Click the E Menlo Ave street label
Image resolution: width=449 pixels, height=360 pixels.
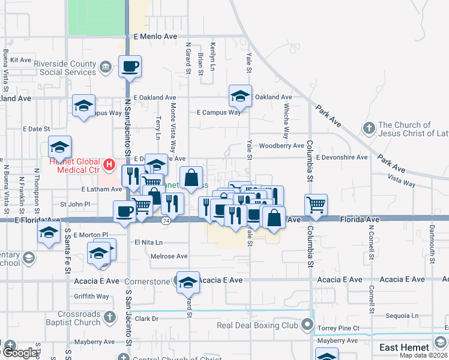[x=155, y=37]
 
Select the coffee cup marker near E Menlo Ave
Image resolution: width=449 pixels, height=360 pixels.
[x=130, y=67]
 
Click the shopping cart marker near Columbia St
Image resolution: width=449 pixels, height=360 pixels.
[x=316, y=205]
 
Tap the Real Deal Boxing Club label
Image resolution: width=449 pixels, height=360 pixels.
[x=258, y=325]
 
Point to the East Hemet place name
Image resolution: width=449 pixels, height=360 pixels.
[x=404, y=347]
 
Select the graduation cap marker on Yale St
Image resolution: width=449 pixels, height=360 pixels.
[x=240, y=97]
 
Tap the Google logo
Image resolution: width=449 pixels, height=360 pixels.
[x=19, y=352]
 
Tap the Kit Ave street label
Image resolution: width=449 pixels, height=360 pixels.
[x=21, y=60]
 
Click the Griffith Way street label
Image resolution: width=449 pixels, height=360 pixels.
[x=91, y=296]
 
